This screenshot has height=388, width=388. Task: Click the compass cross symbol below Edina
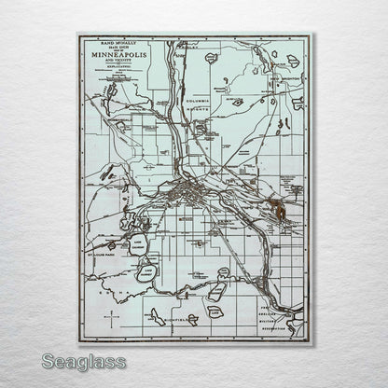pos(112,318)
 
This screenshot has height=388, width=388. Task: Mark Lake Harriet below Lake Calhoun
pos(145,273)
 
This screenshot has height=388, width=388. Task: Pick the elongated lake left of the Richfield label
pos(155,316)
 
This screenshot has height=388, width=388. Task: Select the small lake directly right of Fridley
pos(211,58)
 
